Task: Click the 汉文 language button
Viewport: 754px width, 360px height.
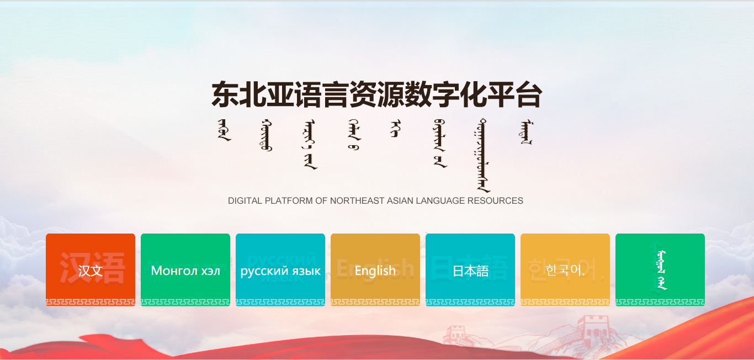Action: [x=91, y=270]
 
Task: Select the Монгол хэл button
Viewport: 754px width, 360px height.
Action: [x=185, y=270]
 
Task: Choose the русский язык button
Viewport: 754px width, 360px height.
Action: [x=280, y=270]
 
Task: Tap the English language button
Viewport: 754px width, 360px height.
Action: [x=375, y=270]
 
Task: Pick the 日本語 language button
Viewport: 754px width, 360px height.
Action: [x=470, y=270]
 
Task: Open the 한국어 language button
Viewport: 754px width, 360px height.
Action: [x=565, y=270]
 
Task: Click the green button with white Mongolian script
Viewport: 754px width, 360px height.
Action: [x=660, y=270]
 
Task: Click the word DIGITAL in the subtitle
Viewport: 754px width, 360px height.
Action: [x=245, y=201]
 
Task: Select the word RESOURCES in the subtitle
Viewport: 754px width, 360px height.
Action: [x=495, y=201]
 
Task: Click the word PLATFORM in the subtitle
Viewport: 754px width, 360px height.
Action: [x=289, y=201]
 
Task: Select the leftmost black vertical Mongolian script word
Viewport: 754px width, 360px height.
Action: [x=224, y=130]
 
